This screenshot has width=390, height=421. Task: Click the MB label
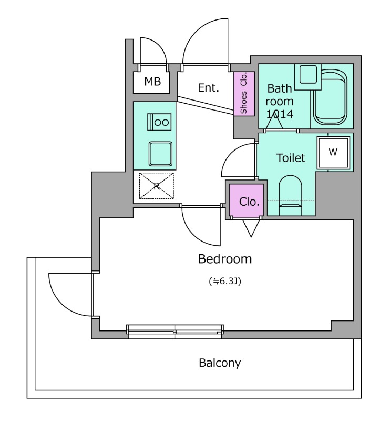[x=152, y=81]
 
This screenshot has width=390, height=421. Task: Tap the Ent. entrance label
[x=209, y=87]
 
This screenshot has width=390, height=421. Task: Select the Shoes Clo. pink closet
[x=244, y=94]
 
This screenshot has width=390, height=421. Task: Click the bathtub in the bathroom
[x=330, y=97]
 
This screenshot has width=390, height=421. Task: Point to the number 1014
[x=280, y=114]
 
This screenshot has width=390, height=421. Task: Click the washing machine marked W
[x=333, y=153]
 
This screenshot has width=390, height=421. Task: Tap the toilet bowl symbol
[x=290, y=195]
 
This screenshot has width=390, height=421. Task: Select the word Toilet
[x=291, y=157]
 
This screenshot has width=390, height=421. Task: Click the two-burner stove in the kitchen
[x=159, y=122]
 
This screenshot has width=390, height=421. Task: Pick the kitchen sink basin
[x=160, y=154]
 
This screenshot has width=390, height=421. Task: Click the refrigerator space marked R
[x=157, y=186]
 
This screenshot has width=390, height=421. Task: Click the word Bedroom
[x=225, y=259]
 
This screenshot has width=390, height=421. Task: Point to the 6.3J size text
[x=225, y=281]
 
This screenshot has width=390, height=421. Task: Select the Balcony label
[x=220, y=363]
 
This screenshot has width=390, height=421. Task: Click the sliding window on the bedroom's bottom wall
[x=175, y=332]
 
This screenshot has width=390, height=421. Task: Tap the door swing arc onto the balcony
[x=70, y=295]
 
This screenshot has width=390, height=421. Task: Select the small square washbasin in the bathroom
[x=308, y=76]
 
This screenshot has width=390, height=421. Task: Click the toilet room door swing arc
[x=238, y=160]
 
